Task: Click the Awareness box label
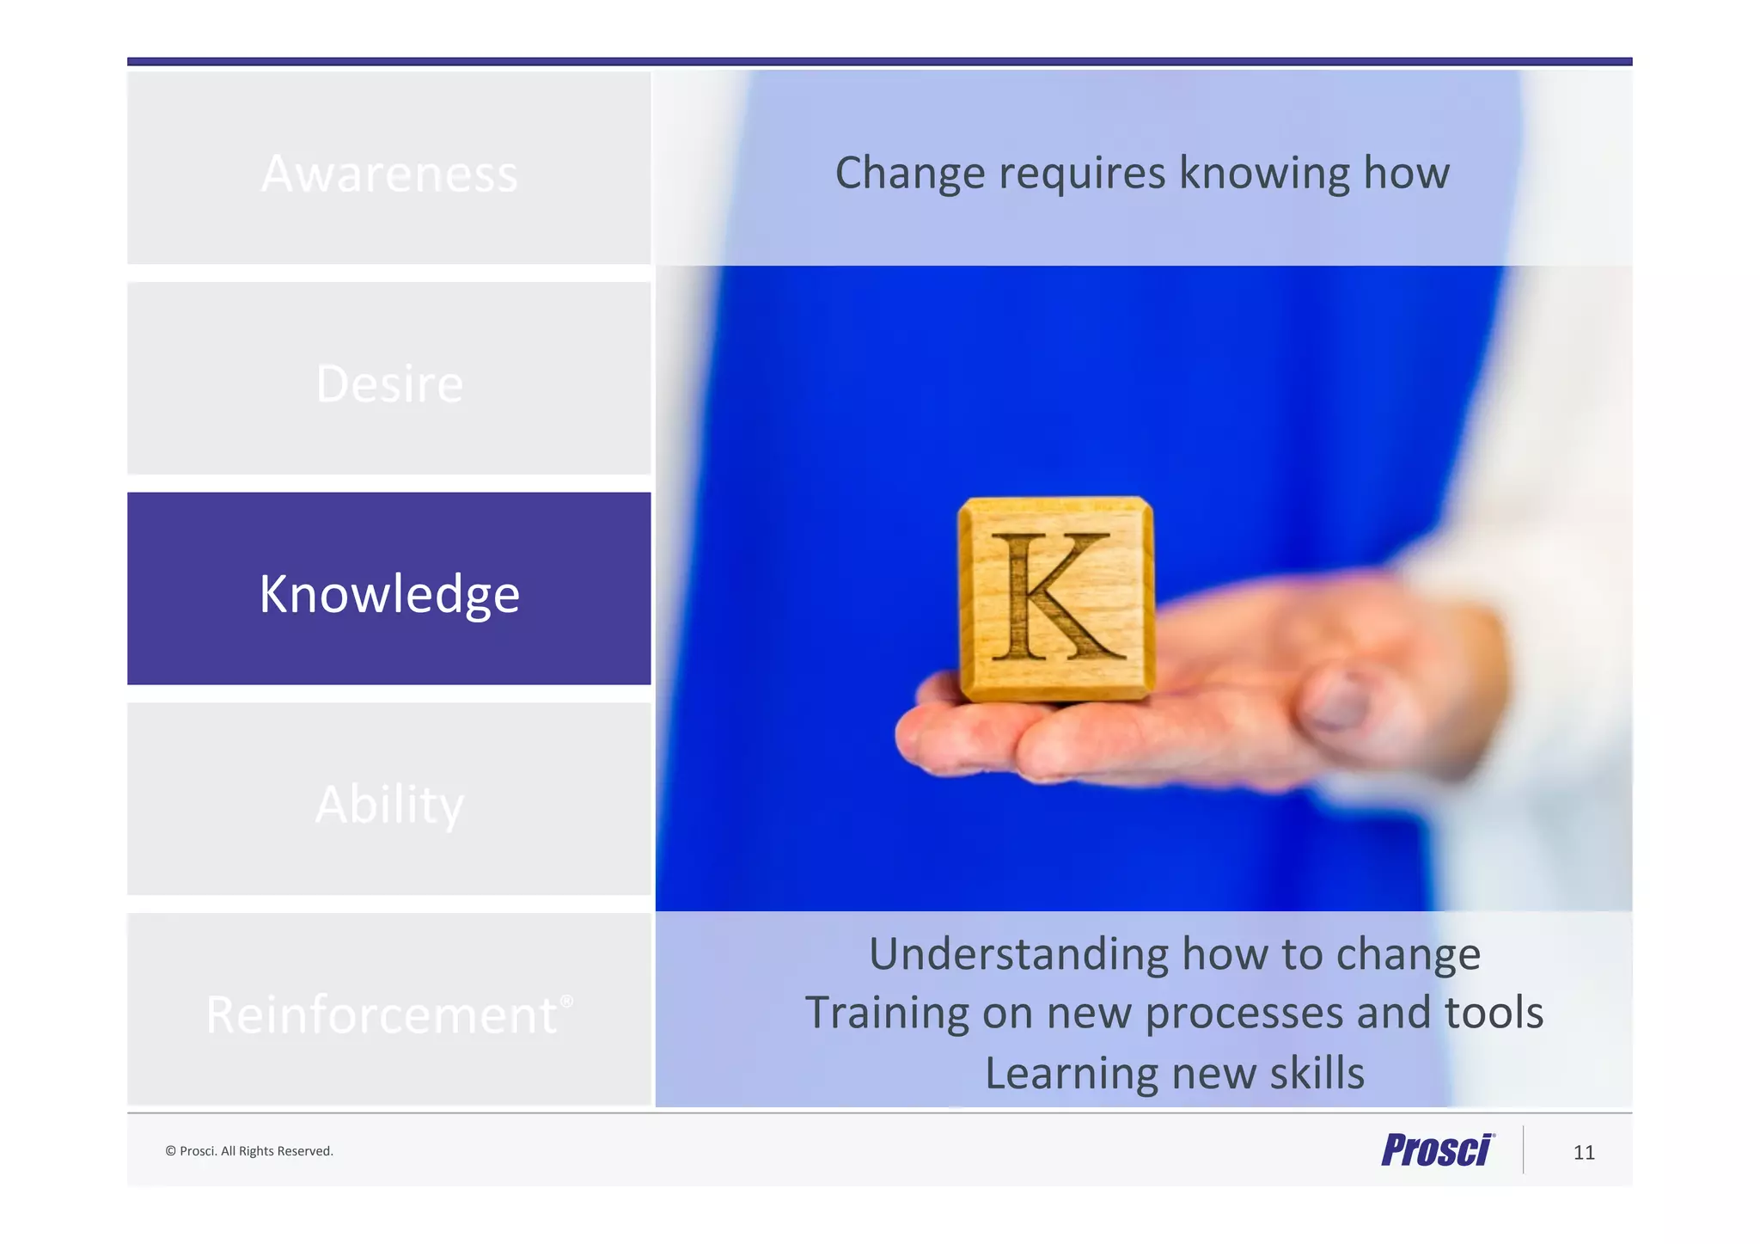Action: click(x=389, y=174)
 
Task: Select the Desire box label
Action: click(x=389, y=383)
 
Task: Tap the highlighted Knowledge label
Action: click(x=389, y=593)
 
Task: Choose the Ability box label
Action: click(x=389, y=804)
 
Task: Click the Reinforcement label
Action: click(x=382, y=1014)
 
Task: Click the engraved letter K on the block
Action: click(x=1056, y=597)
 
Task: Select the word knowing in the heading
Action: click(x=1264, y=174)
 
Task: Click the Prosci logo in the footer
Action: click(x=1437, y=1150)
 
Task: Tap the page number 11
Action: click(x=1584, y=1153)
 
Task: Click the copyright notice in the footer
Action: click(x=249, y=1151)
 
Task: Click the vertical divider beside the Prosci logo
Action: click(x=1523, y=1149)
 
